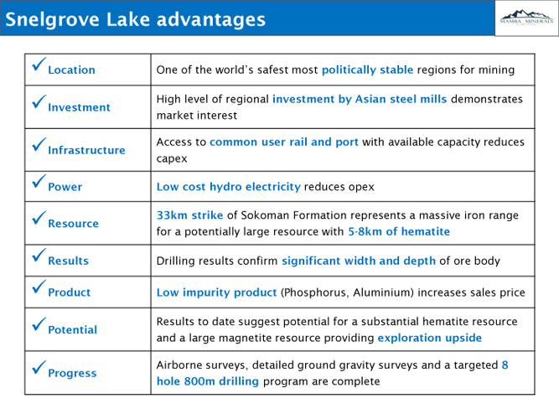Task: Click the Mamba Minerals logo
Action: pos(526,18)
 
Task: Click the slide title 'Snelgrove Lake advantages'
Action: pos(136,19)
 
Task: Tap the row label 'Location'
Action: pos(72,70)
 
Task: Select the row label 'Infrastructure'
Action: pos(86,150)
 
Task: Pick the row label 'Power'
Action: pos(65,187)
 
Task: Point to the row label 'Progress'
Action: pos(72,373)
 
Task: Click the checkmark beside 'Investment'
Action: pos(39,101)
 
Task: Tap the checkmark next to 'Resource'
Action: pos(39,218)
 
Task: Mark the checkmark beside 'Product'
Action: pos(39,287)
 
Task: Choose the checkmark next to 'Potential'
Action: pos(39,323)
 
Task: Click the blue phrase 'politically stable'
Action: pos(368,70)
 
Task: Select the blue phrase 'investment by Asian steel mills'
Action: pos(360,99)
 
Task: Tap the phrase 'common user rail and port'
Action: pos(284,142)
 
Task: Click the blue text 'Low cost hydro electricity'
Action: pos(229,187)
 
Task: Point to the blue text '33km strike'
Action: pos(189,215)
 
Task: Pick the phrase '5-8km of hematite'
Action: pos(399,231)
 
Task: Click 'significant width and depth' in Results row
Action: pos(359,261)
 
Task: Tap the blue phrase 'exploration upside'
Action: pos(430,338)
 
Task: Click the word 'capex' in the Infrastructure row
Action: pos(172,159)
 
